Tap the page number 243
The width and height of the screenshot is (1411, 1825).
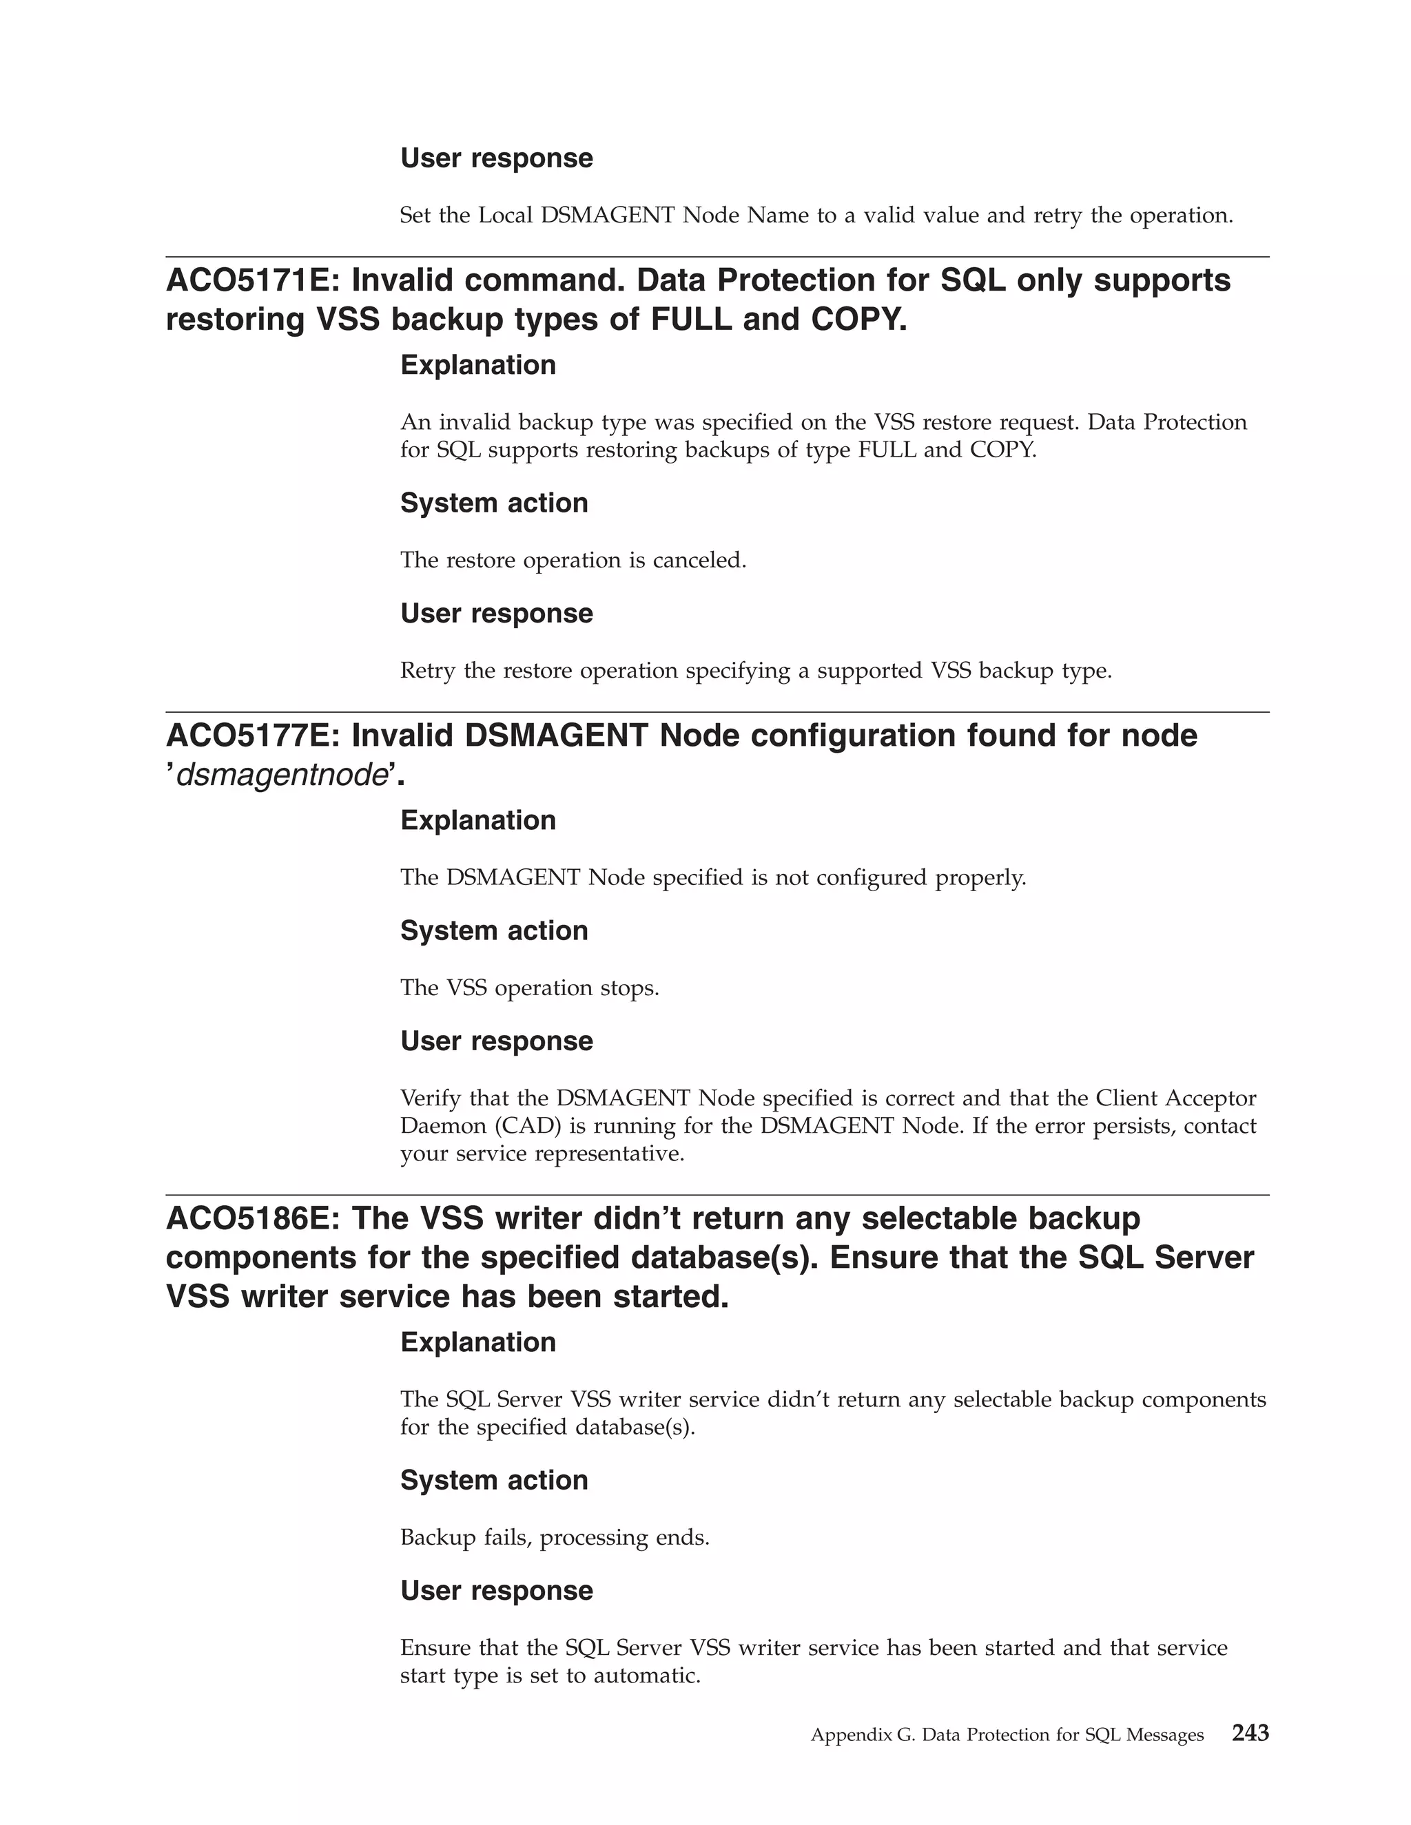point(1250,1733)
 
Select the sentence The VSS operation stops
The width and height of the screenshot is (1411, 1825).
point(529,988)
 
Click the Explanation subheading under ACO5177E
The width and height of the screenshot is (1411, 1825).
point(478,821)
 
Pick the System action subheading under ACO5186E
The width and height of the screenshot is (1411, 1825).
point(494,1481)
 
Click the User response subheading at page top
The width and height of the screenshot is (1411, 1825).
point(497,158)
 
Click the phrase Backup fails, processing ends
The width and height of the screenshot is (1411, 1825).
point(554,1538)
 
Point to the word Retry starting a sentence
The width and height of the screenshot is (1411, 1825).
point(428,671)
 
